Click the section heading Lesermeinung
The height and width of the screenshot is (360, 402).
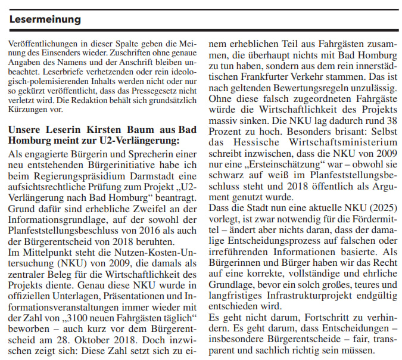point(45,20)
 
